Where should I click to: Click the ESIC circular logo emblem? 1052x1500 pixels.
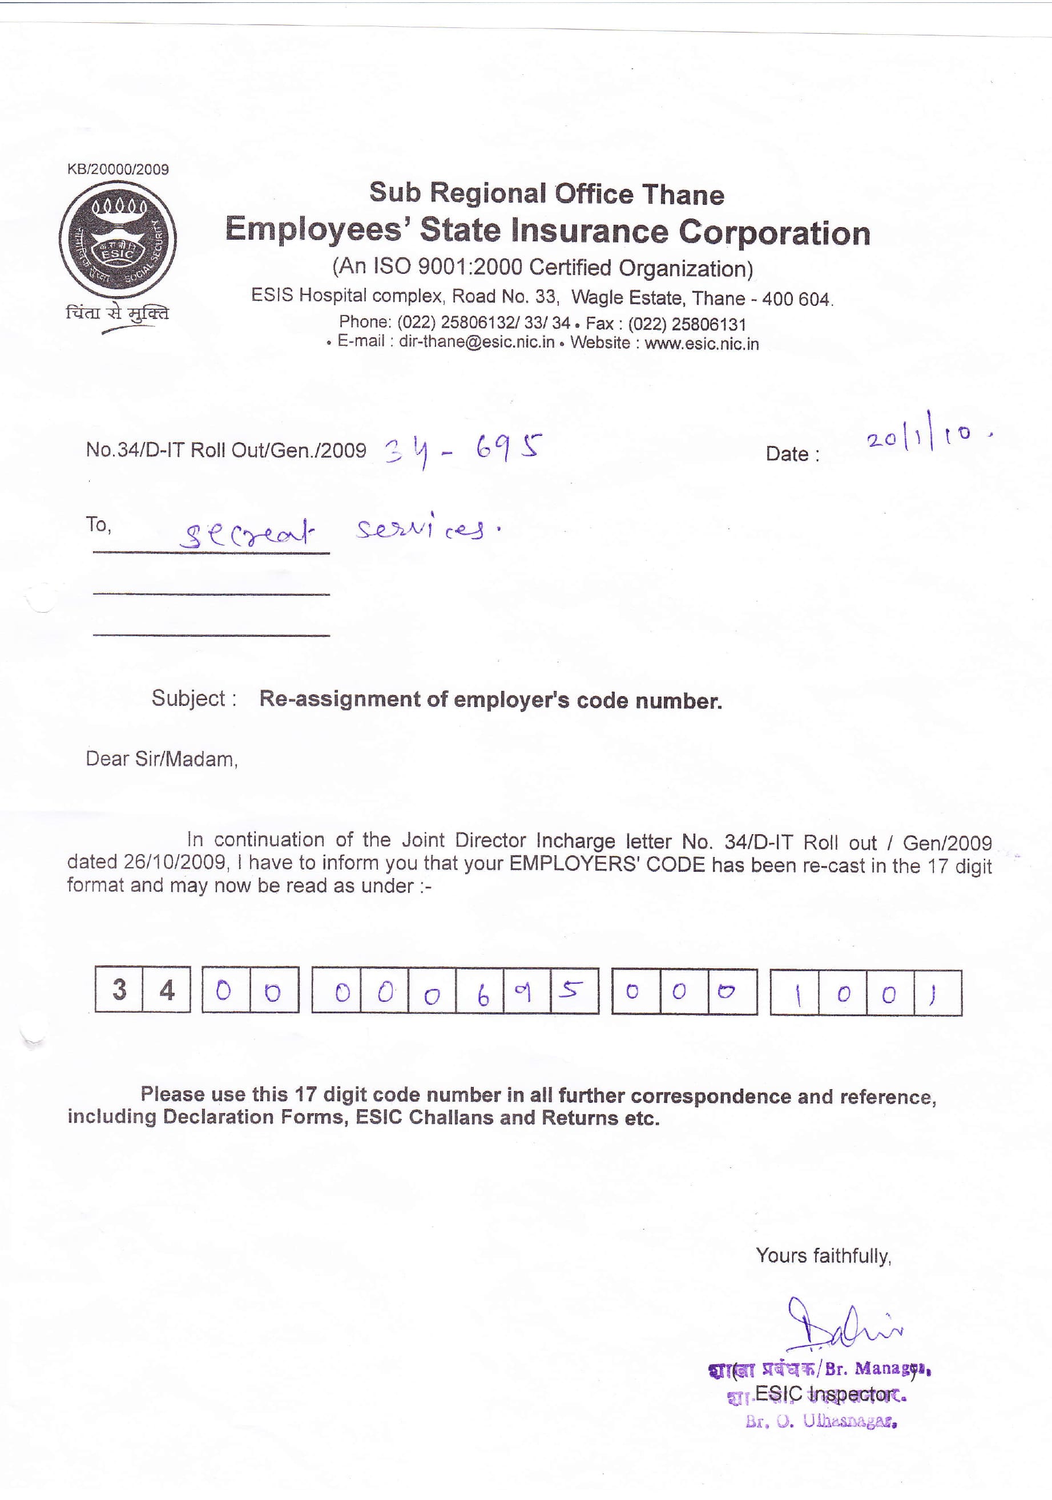point(118,240)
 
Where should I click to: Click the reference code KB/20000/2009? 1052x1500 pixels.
point(118,170)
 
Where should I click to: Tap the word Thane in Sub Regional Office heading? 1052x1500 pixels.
point(683,195)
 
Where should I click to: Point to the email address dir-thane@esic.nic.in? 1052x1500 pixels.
point(477,342)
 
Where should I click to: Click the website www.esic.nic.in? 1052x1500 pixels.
point(702,343)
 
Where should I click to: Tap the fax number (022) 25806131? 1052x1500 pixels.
point(687,324)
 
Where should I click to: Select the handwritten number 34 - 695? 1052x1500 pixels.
point(462,450)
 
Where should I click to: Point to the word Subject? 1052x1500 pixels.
point(188,698)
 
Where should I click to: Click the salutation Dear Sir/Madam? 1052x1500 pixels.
point(162,759)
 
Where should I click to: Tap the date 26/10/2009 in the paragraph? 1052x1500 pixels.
point(175,862)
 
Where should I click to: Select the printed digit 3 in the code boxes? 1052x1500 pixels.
point(119,989)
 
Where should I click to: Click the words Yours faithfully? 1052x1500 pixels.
point(823,1256)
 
